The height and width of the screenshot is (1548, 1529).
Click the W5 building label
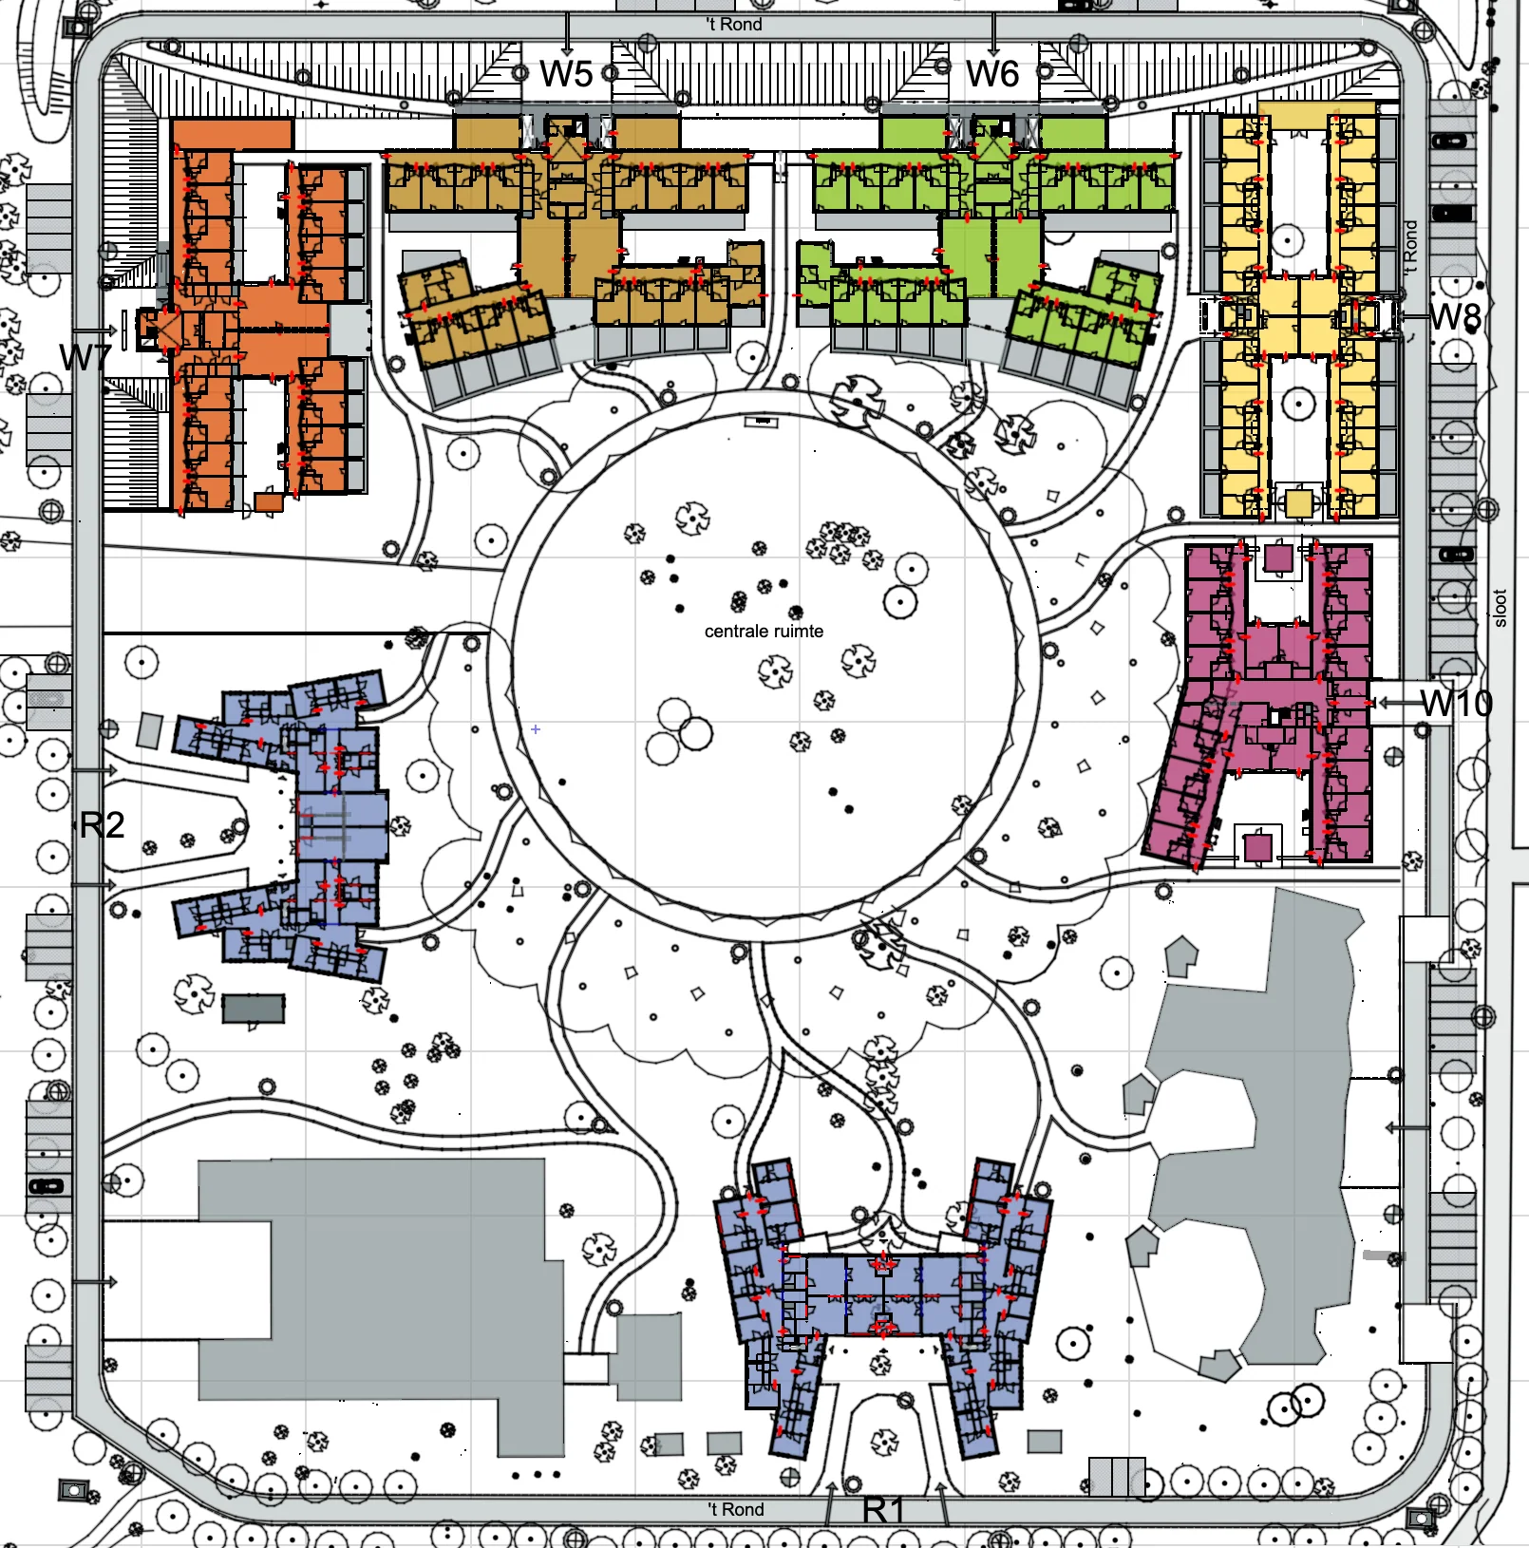click(566, 74)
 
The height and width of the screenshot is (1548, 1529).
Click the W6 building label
click(992, 74)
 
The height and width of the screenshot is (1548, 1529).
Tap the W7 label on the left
click(85, 358)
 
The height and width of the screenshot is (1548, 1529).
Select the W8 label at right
click(1455, 316)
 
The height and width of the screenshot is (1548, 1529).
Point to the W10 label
click(1457, 704)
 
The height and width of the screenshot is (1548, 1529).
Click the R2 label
click(102, 825)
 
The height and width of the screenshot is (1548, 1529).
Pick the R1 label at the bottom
click(883, 1510)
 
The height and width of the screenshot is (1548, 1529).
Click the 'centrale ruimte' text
click(764, 632)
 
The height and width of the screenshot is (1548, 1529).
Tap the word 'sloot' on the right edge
click(1501, 609)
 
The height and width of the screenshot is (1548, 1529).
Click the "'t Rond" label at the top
click(734, 25)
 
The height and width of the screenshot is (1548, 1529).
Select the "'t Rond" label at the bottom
click(736, 1509)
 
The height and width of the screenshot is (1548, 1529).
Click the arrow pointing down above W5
click(567, 33)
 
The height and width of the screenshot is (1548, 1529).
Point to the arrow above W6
click(993, 33)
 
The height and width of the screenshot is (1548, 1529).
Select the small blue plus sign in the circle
click(536, 729)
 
